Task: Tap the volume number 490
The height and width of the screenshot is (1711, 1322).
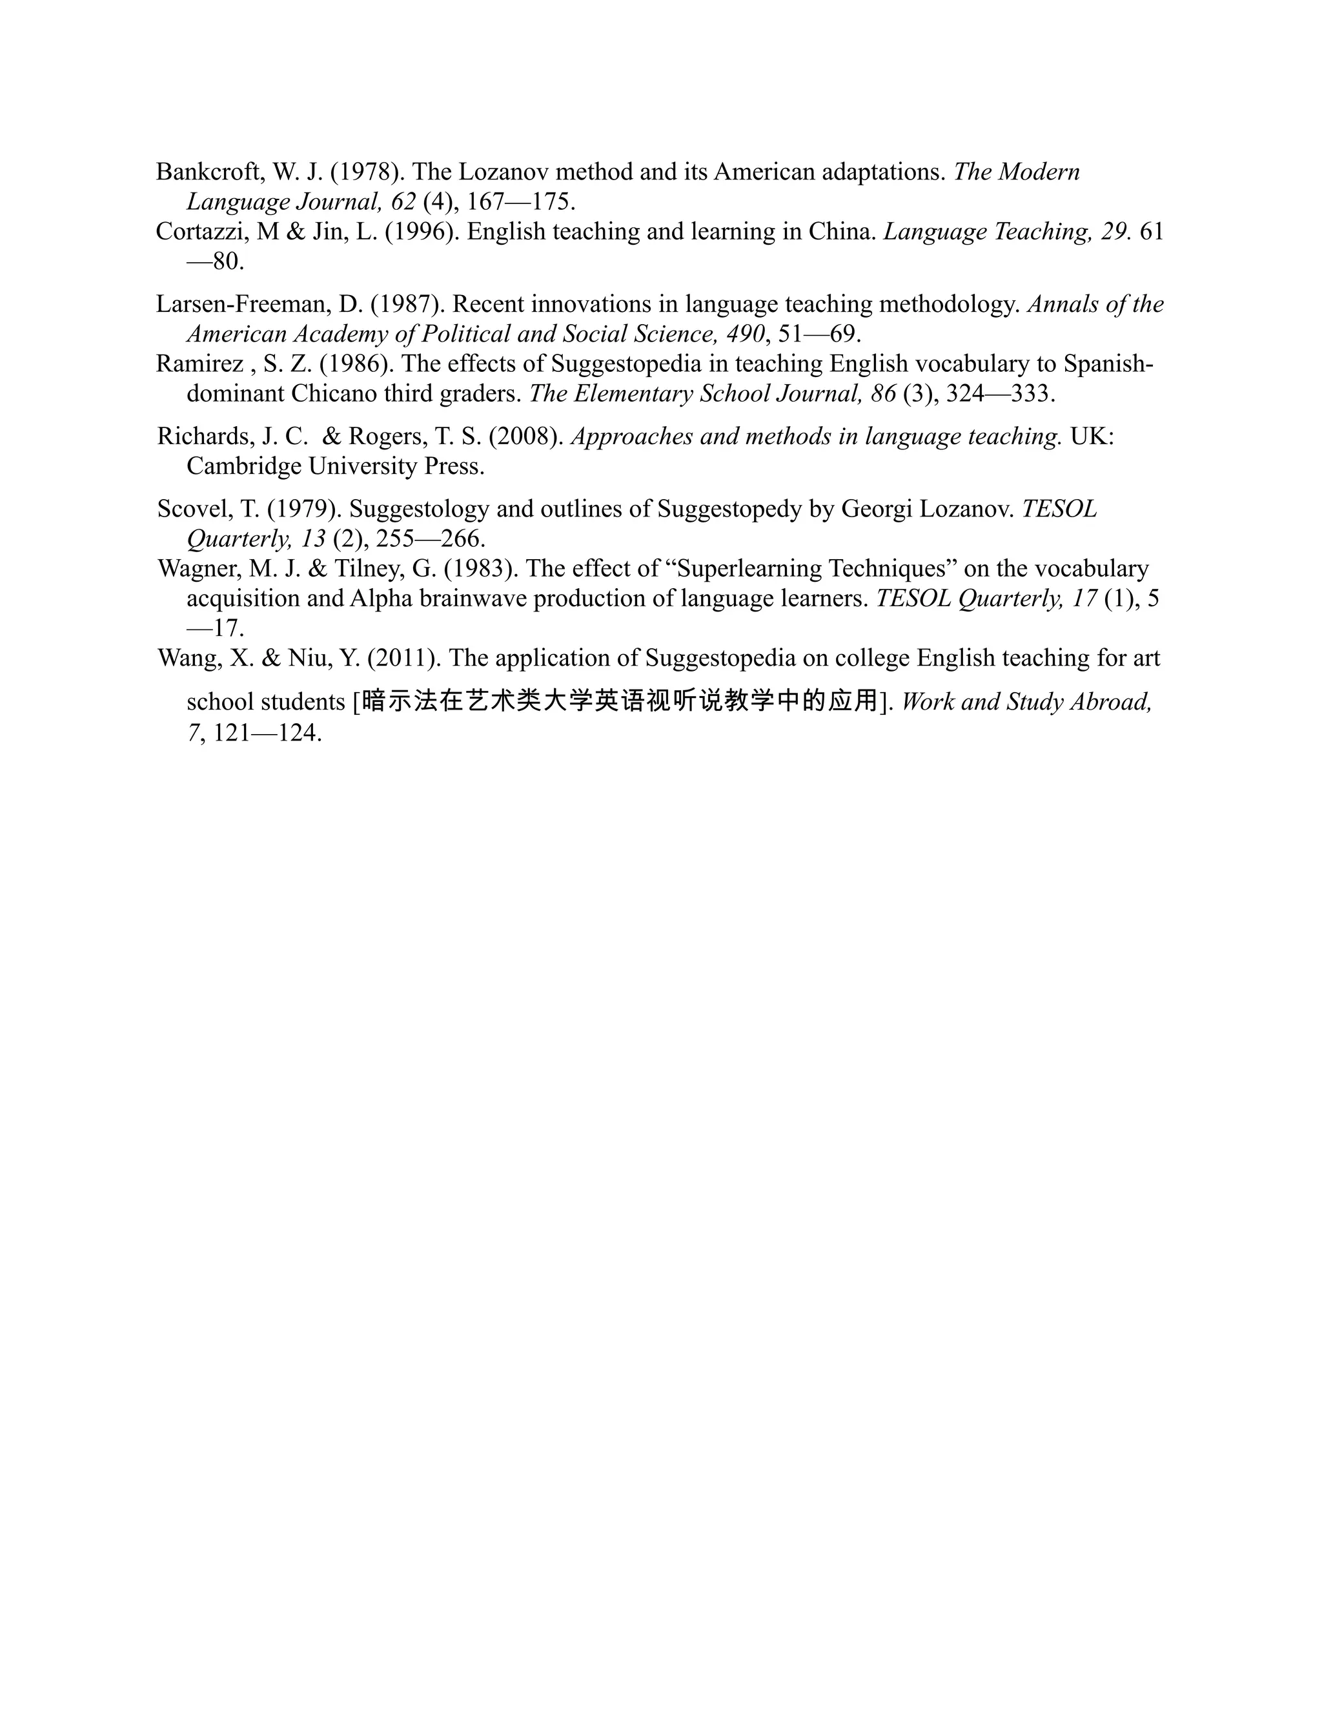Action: (x=745, y=334)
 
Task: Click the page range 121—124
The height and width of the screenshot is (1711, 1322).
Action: (x=267, y=733)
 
